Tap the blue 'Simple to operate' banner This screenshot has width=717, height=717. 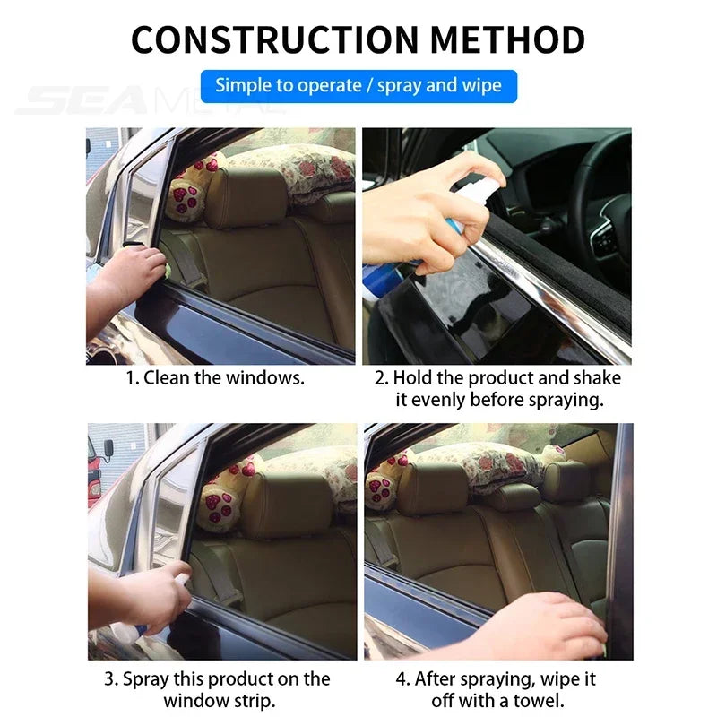[x=358, y=86]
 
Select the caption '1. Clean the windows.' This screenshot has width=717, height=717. [x=215, y=377]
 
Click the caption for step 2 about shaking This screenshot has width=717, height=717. [x=497, y=388]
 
